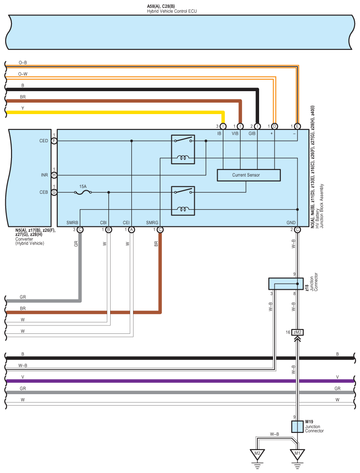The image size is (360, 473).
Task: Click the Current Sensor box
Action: click(x=249, y=175)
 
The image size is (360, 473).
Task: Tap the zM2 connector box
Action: click(x=297, y=332)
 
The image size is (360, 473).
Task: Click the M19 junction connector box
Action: click(x=297, y=426)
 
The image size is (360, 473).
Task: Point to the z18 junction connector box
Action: click(x=286, y=284)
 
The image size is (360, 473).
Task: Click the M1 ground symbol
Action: click(x=297, y=454)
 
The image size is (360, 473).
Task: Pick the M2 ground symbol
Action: click(x=257, y=454)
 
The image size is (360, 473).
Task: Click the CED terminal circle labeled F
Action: click(x=54, y=141)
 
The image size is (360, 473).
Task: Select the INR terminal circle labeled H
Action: click(x=54, y=175)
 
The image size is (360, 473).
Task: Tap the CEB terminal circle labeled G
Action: click(x=54, y=192)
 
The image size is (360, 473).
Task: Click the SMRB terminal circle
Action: click(x=80, y=229)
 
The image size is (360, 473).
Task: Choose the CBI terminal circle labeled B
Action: click(x=108, y=229)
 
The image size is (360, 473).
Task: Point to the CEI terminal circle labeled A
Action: click(x=131, y=229)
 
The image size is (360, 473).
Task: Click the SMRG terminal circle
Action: click(x=160, y=229)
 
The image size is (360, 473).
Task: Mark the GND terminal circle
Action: click(x=297, y=229)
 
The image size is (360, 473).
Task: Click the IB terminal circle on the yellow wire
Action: click(x=223, y=126)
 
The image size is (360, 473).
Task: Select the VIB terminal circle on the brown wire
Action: click(x=240, y=126)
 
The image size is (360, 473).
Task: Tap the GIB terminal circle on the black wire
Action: click(x=257, y=126)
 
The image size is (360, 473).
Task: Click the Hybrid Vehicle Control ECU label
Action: click(x=171, y=10)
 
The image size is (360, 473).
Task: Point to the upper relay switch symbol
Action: click(x=183, y=141)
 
